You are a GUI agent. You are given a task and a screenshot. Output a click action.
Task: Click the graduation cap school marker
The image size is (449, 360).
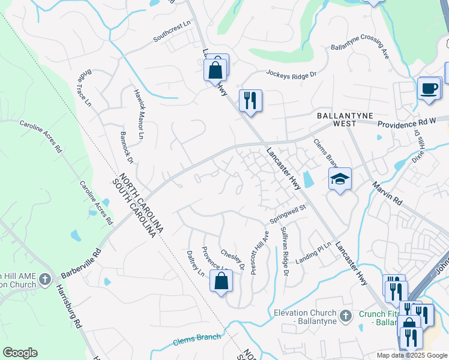coord(340,179)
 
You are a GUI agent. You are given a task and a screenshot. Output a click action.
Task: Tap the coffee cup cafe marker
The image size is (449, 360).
coord(429,88)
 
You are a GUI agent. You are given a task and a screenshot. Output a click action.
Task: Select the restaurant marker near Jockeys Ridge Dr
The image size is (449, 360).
coord(250,100)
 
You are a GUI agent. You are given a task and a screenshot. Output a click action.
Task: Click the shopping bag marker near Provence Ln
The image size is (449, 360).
coord(221,281)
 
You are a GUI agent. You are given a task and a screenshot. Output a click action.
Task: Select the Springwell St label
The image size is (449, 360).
coord(288,215)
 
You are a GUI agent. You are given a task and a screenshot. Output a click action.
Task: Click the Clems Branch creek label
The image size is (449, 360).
coord(197,339)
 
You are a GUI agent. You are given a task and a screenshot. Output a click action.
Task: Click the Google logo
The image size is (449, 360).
coord(20,353)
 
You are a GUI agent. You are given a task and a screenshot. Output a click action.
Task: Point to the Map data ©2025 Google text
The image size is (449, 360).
coord(412,355)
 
